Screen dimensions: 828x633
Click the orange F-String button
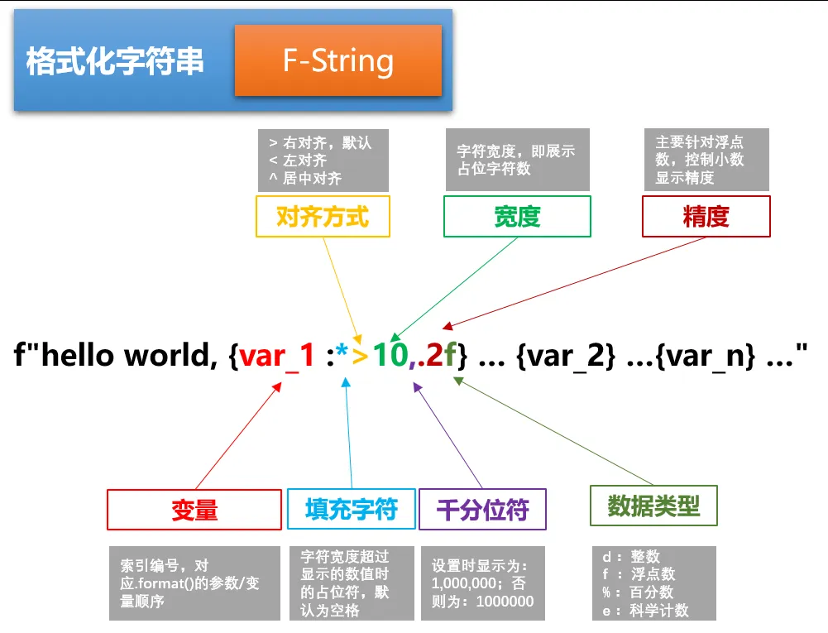337,60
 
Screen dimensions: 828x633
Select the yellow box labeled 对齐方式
323,217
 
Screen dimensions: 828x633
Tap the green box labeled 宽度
517,217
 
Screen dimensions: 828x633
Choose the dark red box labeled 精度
706,217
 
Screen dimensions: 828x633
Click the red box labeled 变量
194,509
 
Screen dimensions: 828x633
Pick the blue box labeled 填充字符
351,509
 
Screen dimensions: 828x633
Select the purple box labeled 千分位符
482,509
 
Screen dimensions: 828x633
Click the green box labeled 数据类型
653,506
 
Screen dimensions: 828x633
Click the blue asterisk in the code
342,355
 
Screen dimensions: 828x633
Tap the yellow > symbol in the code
361,357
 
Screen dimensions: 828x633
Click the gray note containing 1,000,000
482,583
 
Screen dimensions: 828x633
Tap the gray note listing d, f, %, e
653,583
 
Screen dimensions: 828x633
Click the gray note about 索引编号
194,583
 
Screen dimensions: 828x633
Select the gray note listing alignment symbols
323,160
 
